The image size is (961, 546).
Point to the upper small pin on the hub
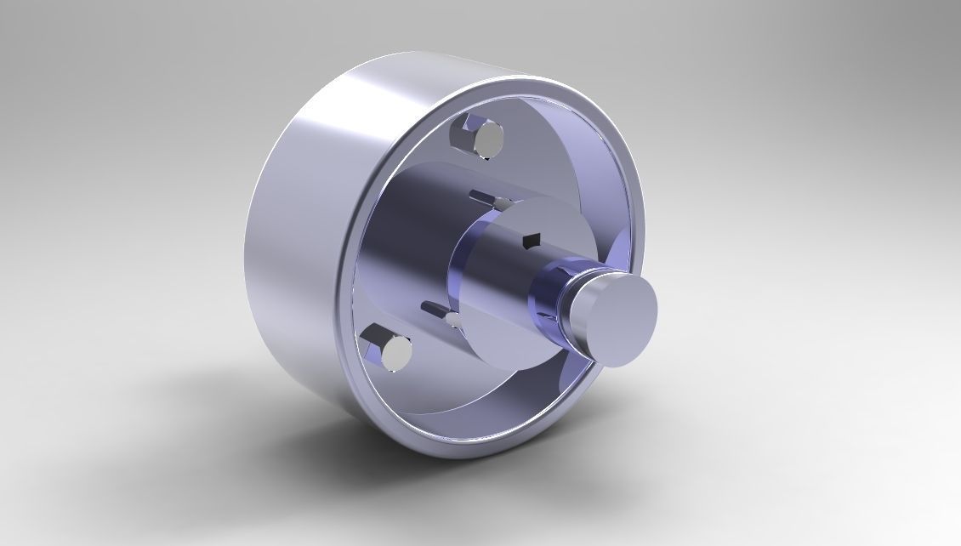(x=503, y=204)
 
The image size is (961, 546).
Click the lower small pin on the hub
(x=453, y=320)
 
